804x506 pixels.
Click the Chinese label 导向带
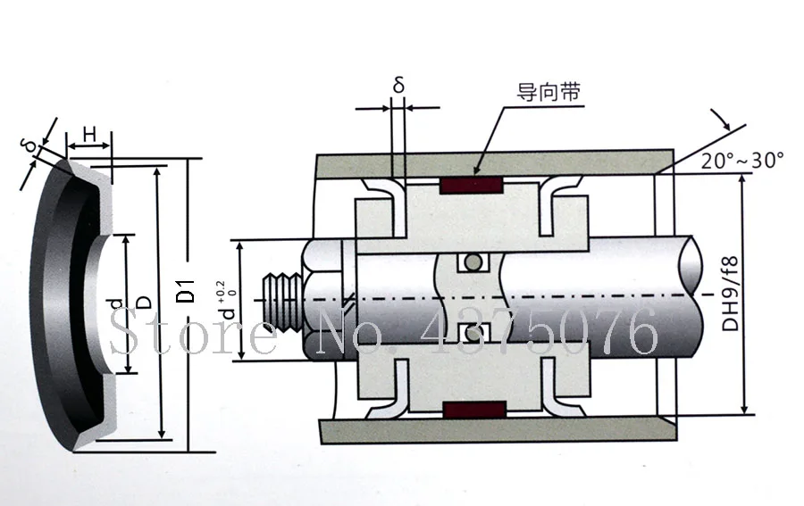(549, 93)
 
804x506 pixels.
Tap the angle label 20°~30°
(742, 161)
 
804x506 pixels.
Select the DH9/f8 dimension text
(729, 294)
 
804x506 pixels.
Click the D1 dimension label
(188, 290)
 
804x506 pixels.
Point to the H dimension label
(89, 135)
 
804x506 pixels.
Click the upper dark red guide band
(471, 186)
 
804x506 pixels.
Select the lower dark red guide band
(474, 411)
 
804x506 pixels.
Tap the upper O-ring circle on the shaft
(473, 262)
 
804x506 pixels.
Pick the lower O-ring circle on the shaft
(473, 333)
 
